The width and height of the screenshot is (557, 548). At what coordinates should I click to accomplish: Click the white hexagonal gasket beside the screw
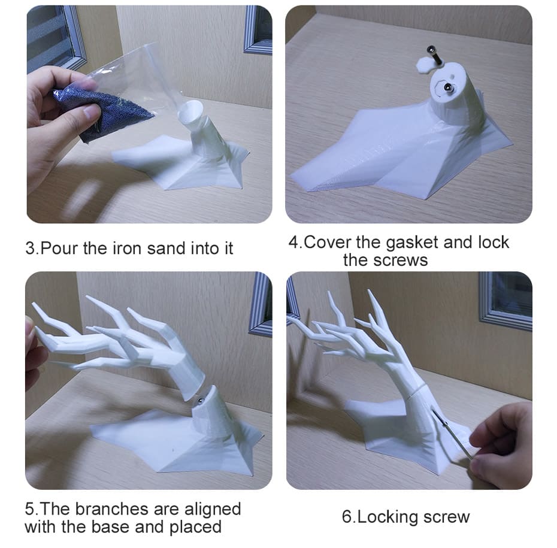425,65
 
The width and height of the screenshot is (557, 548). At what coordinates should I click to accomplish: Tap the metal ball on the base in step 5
200,401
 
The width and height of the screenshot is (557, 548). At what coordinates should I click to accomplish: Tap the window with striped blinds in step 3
53,35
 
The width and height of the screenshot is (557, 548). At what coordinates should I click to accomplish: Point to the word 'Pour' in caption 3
59,249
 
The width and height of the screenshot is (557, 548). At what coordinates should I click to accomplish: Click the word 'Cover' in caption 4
327,243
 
